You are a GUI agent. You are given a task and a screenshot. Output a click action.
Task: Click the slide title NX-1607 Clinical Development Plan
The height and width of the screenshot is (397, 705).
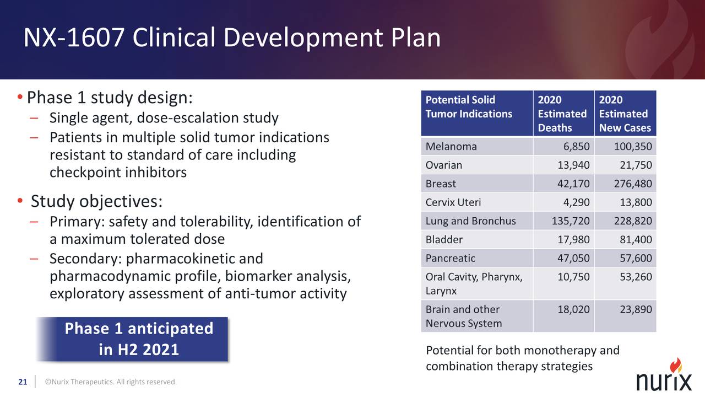tap(231, 39)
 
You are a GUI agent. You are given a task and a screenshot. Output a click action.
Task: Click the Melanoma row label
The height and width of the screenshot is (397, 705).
tap(451, 147)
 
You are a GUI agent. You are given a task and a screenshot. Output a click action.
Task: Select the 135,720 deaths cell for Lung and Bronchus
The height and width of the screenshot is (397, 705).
tap(571, 221)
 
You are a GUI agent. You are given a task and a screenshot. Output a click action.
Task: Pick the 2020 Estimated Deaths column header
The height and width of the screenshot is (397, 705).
tap(562, 114)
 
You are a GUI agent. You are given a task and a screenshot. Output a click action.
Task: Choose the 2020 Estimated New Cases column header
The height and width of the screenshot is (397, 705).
tap(625, 114)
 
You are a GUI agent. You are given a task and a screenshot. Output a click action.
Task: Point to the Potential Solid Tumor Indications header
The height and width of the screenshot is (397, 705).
tap(469, 107)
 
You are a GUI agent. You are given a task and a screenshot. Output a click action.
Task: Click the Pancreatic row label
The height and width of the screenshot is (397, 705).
tap(450, 258)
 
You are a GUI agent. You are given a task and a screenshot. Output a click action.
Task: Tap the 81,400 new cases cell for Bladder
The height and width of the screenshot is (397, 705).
tap(632, 240)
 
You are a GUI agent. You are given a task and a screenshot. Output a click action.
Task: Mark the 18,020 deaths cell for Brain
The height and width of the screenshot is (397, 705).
tap(573, 310)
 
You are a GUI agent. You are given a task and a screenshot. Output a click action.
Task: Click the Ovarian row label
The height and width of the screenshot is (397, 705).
tap(444, 165)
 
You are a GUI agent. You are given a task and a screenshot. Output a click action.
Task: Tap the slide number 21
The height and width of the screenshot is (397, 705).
tap(23, 382)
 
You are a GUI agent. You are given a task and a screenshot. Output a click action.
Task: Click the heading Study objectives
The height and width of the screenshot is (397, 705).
tap(96, 201)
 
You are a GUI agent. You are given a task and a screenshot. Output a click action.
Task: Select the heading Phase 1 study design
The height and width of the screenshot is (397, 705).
tap(110, 98)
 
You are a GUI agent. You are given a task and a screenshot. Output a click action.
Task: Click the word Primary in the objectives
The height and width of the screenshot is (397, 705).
tap(77, 222)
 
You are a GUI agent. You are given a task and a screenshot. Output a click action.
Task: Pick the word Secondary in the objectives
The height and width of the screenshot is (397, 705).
tap(84, 259)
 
